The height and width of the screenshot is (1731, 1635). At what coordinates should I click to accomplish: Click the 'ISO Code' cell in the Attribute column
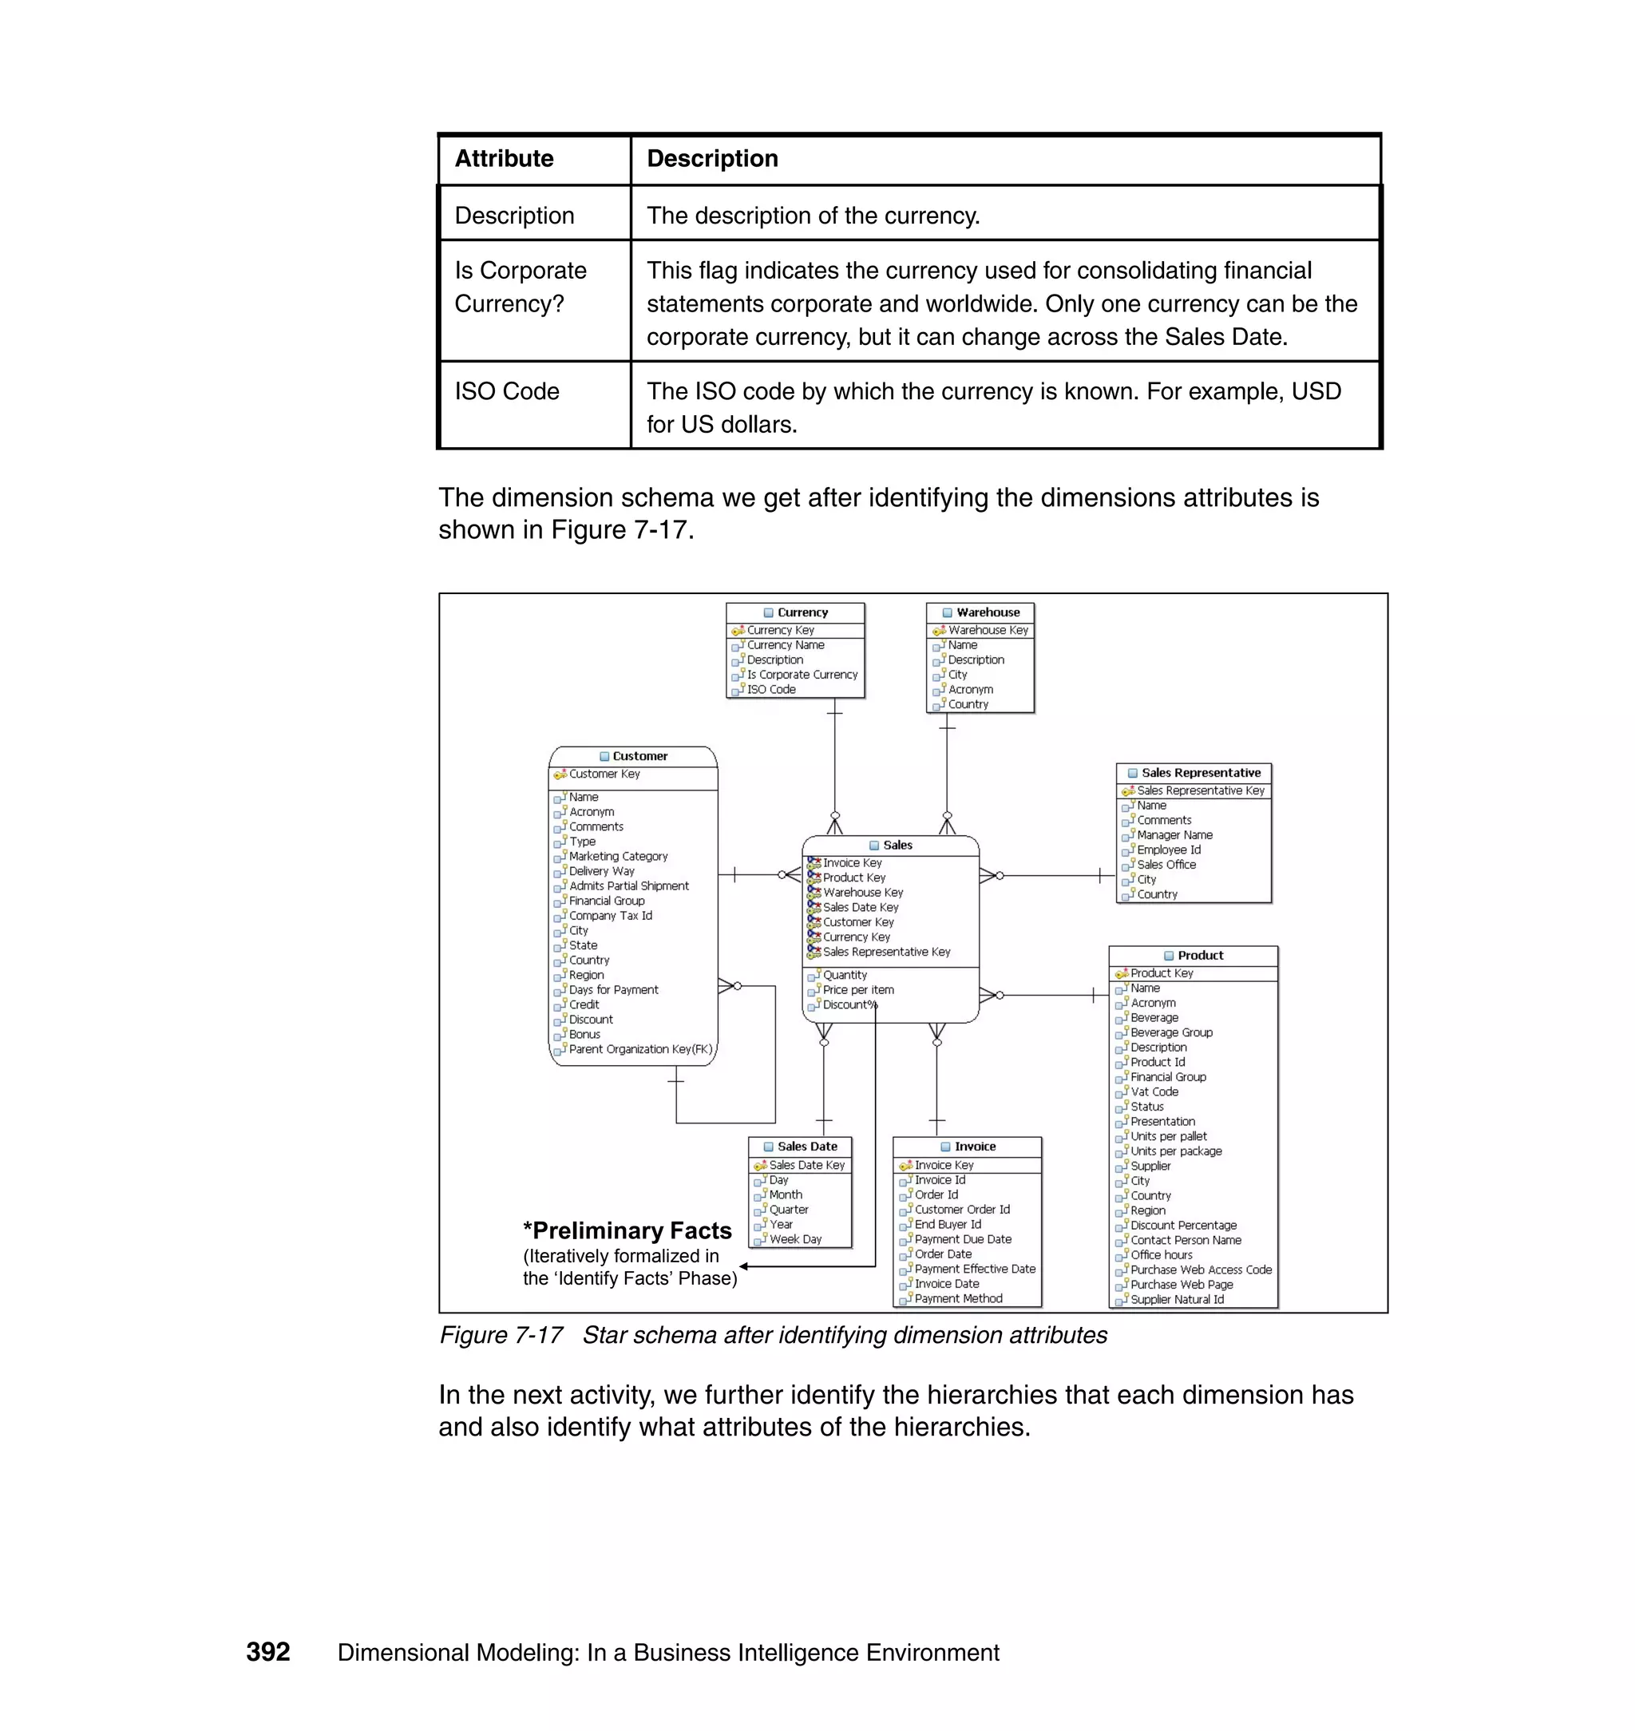(x=506, y=391)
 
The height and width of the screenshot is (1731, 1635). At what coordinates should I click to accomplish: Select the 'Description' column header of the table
(x=712, y=159)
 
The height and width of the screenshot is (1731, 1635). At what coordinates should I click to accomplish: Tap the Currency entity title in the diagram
(x=802, y=612)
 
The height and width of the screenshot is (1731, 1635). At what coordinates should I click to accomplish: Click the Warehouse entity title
(x=987, y=612)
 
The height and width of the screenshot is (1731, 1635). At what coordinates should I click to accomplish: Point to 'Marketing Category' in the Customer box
(x=618, y=857)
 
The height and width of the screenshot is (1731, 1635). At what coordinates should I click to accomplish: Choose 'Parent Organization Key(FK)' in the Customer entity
(x=640, y=1049)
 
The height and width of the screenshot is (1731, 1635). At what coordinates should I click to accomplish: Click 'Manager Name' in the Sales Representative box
(x=1174, y=835)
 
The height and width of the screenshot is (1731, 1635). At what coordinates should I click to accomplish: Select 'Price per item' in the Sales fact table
(x=857, y=990)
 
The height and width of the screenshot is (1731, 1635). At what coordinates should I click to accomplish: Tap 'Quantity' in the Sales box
(x=845, y=976)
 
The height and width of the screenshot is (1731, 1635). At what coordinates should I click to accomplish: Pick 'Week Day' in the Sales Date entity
(x=795, y=1239)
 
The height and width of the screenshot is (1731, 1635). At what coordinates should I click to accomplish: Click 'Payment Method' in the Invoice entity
(x=958, y=1299)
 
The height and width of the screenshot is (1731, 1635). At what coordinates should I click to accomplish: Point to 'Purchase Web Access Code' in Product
(x=1201, y=1270)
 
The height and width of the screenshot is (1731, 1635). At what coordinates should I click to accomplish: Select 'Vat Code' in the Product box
(x=1154, y=1092)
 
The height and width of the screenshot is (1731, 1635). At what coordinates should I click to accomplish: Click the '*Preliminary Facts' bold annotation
(x=627, y=1230)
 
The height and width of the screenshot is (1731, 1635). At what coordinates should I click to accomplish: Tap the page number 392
(x=267, y=1653)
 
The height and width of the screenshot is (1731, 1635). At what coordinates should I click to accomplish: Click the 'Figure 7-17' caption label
(x=501, y=1335)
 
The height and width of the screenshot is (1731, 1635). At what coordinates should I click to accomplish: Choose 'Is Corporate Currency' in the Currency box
(x=802, y=675)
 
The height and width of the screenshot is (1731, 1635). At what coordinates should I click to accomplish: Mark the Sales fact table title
(x=897, y=846)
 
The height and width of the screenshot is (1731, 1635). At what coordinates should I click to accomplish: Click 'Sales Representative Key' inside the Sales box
(x=886, y=952)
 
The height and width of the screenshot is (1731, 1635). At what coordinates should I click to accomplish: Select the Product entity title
(x=1199, y=955)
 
